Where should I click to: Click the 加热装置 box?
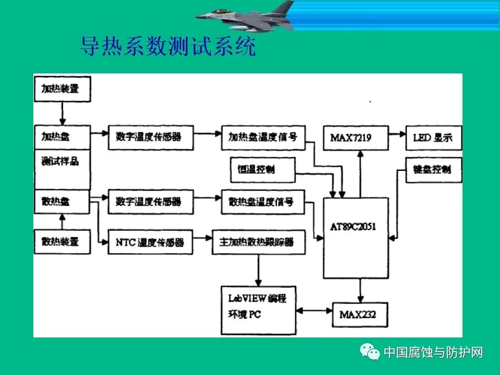61,89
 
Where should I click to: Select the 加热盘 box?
61,137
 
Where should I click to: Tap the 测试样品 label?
60,161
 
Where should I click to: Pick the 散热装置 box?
61,241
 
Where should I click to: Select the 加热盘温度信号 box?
262,137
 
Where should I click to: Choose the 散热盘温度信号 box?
262,202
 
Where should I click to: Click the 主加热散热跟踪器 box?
258,242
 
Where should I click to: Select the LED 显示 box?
433,137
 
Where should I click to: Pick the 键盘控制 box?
433,170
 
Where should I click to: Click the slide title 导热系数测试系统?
168,47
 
